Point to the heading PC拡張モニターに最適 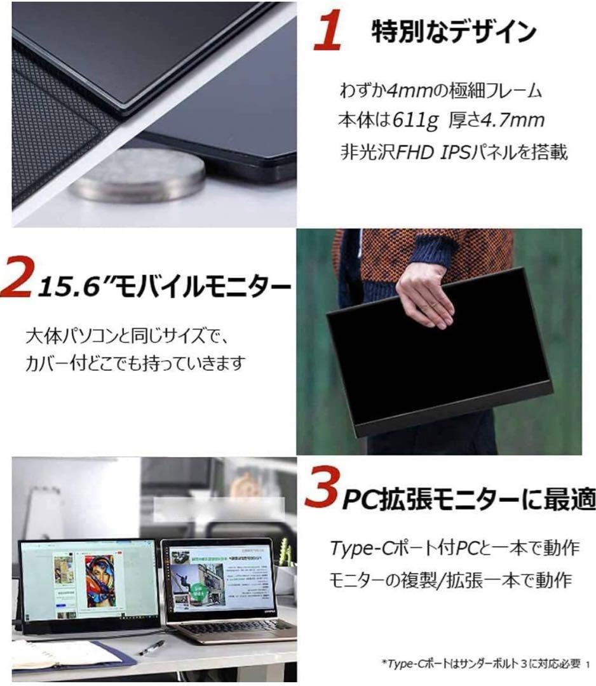tap(469, 501)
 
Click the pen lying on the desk tap(152, 647)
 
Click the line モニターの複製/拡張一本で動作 tap(451, 581)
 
